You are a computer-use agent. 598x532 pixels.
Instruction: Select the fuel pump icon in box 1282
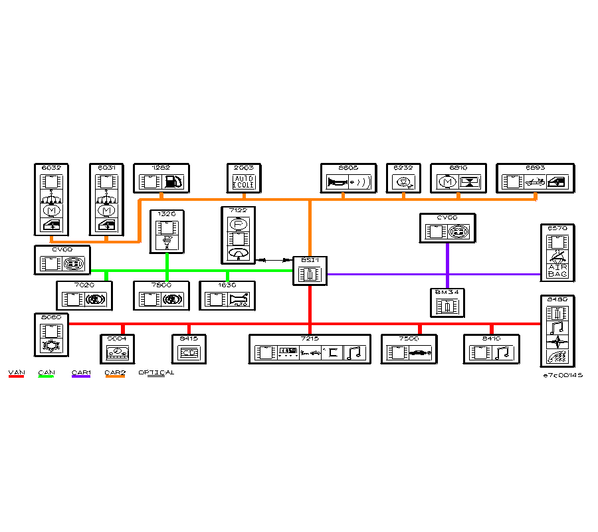(172, 182)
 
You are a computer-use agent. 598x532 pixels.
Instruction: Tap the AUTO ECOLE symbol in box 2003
(244, 182)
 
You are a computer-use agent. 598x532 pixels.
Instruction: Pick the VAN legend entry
(16, 373)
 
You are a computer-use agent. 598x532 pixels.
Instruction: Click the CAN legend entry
(47, 373)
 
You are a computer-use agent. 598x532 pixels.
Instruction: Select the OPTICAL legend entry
(156, 373)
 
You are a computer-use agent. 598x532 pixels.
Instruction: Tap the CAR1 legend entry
(81, 373)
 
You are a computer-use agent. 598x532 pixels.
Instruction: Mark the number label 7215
(310, 338)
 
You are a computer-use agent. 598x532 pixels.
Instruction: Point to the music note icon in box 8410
(502, 352)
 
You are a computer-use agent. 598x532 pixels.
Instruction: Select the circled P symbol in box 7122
(237, 224)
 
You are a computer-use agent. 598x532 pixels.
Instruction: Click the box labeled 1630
(228, 296)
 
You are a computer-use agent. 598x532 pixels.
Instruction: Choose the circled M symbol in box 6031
(107, 211)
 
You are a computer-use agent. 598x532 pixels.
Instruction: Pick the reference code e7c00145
(563, 376)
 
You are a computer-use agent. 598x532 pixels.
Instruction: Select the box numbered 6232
(403, 178)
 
